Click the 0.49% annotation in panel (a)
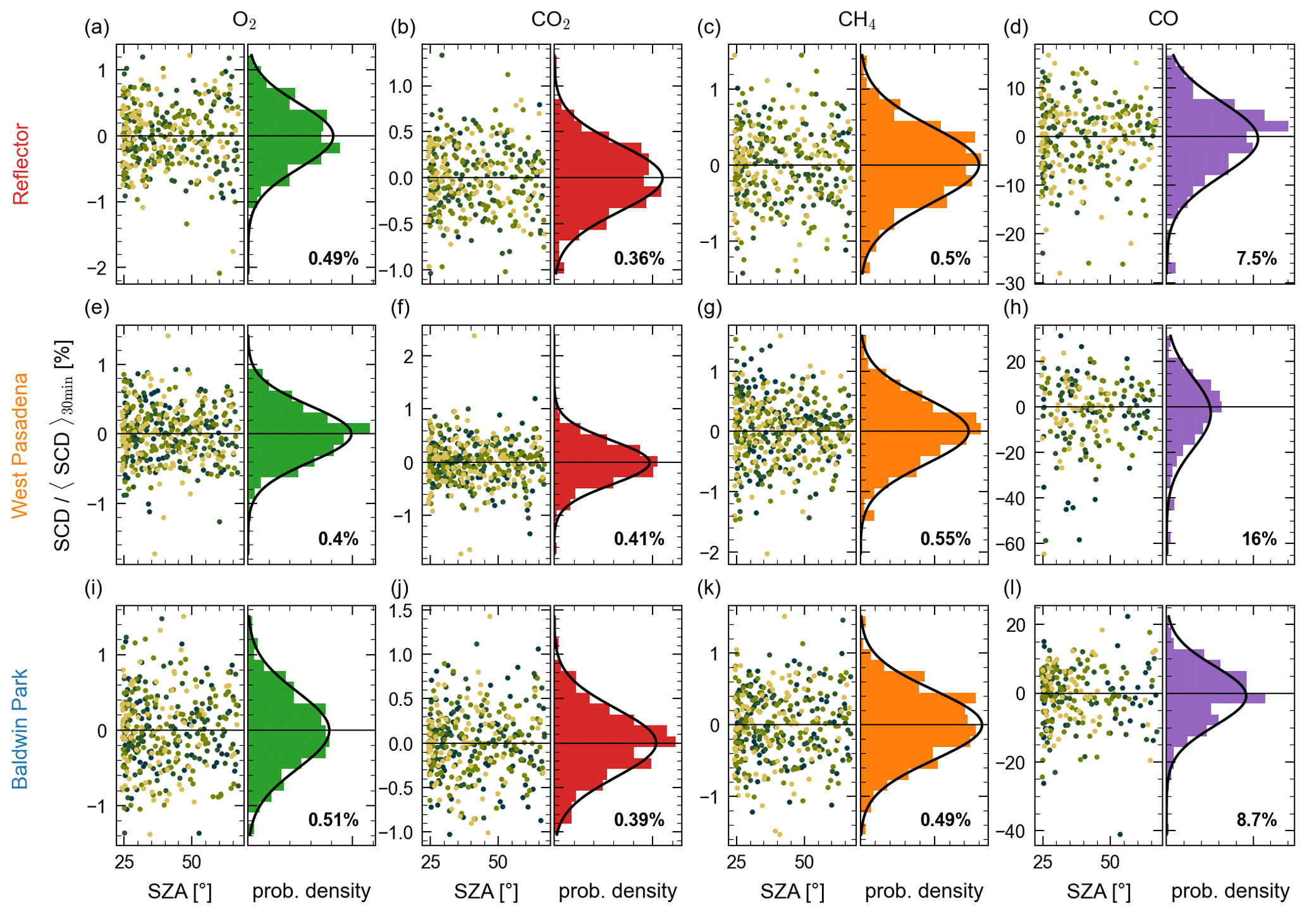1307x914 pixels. (x=333, y=258)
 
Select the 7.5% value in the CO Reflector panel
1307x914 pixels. (x=1256, y=258)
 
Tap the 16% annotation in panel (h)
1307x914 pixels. (x=1259, y=539)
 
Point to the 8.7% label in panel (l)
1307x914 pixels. (x=1256, y=820)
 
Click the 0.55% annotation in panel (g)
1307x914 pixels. (x=945, y=539)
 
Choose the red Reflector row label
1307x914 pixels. (x=21, y=164)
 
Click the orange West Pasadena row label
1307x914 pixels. (x=21, y=445)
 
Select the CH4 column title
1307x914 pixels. (x=857, y=20)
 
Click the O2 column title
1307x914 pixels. (x=244, y=20)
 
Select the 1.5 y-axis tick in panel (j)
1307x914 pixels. (x=400, y=611)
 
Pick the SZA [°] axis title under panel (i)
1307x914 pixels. (x=180, y=891)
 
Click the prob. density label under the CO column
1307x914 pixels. (x=1230, y=891)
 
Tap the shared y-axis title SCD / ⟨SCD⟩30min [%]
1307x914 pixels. (x=63, y=445)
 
